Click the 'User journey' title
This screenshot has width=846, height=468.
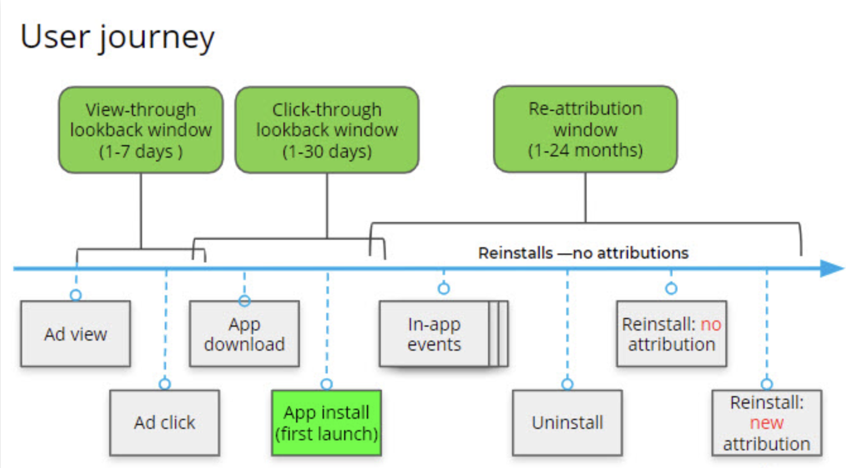[x=117, y=38]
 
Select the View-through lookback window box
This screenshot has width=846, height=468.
[x=141, y=130]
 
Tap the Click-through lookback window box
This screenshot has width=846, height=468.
[x=327, y=130]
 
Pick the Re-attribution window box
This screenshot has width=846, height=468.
[x=585, y=129]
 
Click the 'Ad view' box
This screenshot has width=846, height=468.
[x=76, y=334]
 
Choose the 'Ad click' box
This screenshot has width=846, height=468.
[x=165, y=423]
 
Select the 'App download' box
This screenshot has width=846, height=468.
[x=244, y=334]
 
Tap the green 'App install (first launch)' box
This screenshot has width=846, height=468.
[x=326, y=423]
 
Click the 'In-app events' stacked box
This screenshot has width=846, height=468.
[x=444, y=334]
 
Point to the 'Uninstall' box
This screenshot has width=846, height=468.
[x=568, y=423]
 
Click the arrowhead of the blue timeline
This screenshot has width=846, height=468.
[x=833, y=269]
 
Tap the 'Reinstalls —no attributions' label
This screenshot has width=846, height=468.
[x=583, y=253]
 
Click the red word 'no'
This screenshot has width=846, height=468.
[x=711, y=324]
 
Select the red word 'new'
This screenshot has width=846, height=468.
[x=766, y=423]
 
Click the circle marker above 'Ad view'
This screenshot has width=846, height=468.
[x=76, y=295]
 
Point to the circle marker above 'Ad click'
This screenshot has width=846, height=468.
[x=165, y=384]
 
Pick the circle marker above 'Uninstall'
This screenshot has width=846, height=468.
[x=568, y=384]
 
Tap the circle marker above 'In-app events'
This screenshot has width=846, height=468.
[x=444, y=289]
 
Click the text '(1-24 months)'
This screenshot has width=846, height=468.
[x=585, y=150]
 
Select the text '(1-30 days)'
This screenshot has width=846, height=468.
[x=327, y=151]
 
